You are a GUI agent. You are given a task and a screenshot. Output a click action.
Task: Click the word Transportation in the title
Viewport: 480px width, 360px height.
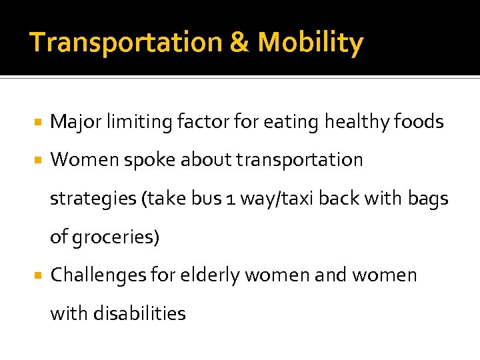point(125,43)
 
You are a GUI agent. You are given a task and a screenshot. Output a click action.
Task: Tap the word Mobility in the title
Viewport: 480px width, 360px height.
point(310,43)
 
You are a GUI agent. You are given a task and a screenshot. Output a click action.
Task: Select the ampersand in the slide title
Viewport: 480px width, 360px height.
point(239,43)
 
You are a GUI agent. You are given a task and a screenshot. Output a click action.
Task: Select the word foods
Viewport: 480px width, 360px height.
point(419,122)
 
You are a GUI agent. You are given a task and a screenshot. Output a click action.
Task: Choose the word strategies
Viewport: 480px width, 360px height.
point(92,199)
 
